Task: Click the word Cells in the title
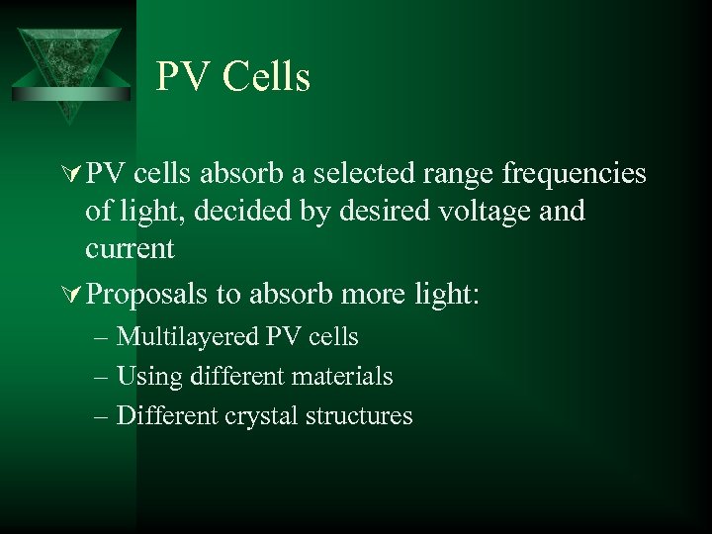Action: [267, 77]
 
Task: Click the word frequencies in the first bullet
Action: [575, 174]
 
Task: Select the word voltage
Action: [489, 211]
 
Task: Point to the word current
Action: [130, 247]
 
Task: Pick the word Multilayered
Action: [188, 337]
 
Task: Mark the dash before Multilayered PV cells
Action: [105, 337]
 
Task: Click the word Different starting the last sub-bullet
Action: [162, 415]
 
